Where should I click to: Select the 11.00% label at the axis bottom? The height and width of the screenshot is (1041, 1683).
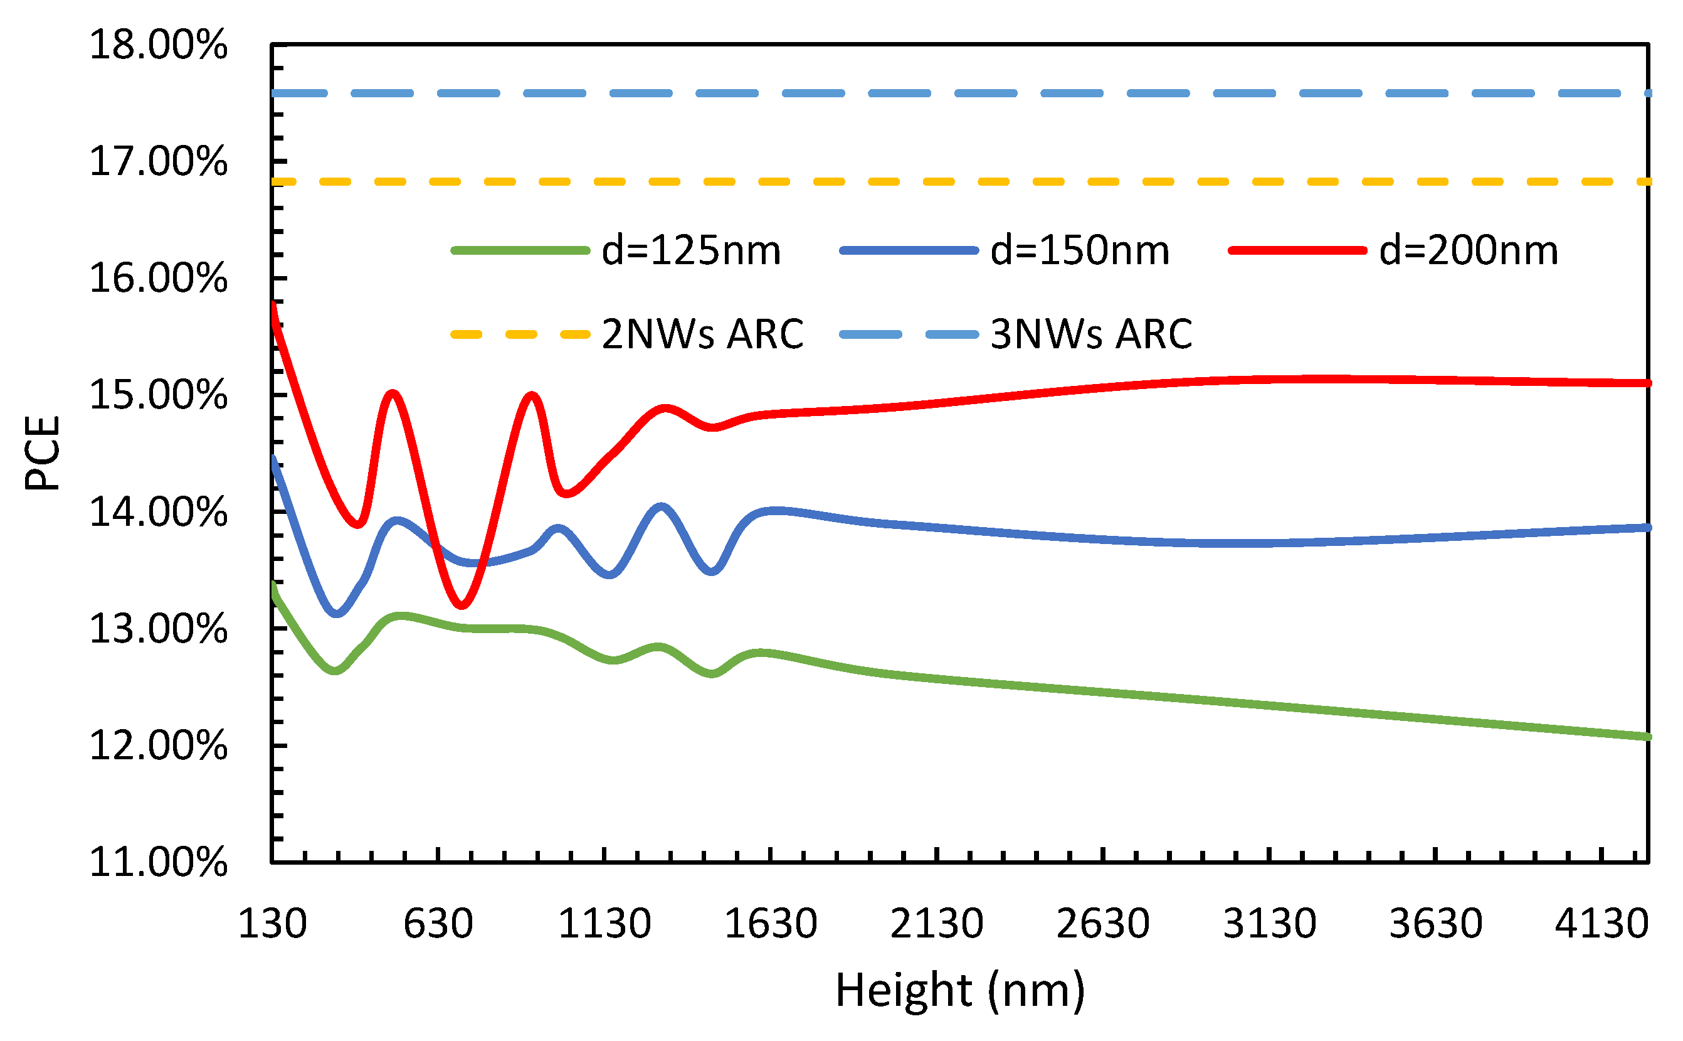[158, 862]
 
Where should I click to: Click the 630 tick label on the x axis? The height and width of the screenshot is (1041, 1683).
[438, 923]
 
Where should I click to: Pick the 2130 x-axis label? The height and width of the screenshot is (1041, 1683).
[936, 923]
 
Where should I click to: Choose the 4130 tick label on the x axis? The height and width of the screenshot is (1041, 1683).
[1602, 923]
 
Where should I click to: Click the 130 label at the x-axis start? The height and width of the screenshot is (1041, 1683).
[273, 923]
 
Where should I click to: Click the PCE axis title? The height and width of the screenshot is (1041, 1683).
[43, 453]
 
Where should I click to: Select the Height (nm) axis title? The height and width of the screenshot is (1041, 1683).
[960, 990]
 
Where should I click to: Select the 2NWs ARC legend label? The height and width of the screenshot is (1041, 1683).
[702, 334]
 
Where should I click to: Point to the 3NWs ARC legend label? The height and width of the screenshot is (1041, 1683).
[1090, 334]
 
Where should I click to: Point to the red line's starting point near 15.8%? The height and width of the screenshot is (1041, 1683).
[274, 304]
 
